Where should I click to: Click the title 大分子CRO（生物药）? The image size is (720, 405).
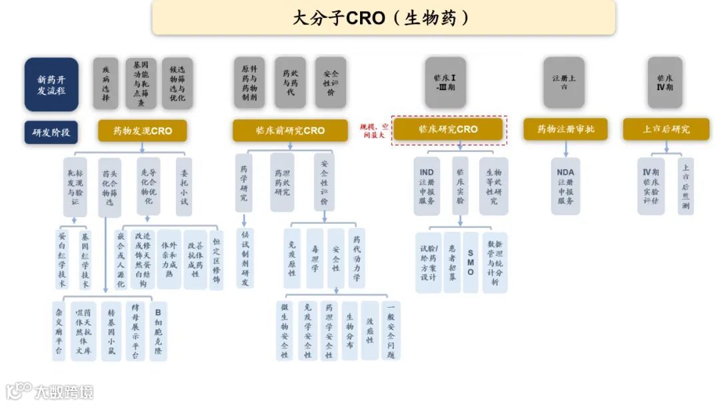(383, 18)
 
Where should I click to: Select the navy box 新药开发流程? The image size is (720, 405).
(51, 84)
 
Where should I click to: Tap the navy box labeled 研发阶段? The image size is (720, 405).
(51, 132)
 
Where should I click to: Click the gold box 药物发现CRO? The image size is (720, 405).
(142, 131)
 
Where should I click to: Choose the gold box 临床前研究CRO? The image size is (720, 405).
(290, 131)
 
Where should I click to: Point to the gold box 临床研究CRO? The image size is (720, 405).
(448, 129)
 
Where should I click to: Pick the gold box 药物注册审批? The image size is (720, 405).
(565, 129)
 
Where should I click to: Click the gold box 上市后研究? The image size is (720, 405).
(666, 129)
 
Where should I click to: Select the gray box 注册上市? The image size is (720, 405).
(563, 83)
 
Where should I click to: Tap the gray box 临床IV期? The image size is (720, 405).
(665, 83)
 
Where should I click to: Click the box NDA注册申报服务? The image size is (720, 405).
(565, 186)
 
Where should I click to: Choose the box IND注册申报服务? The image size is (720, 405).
(427, 186)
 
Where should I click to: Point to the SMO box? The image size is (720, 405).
(471, 262)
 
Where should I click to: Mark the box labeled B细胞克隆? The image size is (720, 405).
(158, 331)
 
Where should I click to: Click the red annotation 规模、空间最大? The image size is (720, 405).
(373, 131)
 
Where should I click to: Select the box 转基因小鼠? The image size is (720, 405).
(111, 331)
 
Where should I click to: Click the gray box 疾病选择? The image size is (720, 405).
(105, 83)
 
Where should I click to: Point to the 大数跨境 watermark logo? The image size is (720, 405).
(50, 392)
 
